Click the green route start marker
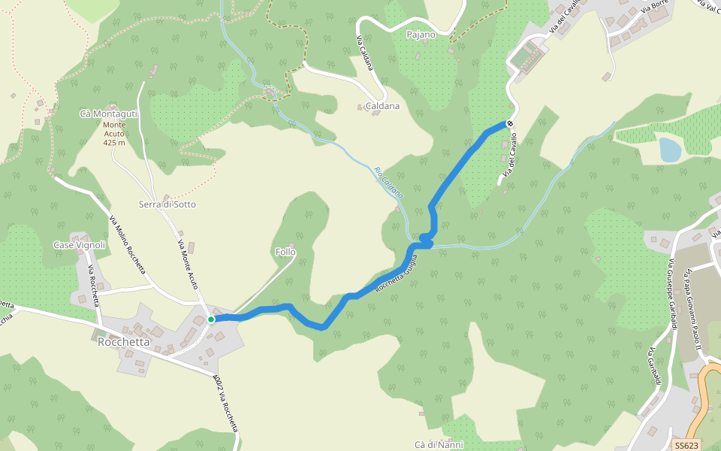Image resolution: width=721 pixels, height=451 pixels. pos(211,319)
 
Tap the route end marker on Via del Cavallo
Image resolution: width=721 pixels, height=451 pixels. pos(510,123)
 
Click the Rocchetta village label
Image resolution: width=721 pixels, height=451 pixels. pos(124,342)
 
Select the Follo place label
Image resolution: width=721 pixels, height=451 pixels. pos(285,252)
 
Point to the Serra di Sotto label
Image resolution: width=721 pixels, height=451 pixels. pos(167,204)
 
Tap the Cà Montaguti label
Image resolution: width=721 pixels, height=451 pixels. pos(108,114)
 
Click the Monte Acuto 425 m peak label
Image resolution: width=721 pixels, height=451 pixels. pos(114,133)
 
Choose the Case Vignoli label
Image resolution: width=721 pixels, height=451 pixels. pos(79,245)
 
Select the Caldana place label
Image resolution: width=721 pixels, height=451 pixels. pos(382,106)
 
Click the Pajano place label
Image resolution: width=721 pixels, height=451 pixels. pos(421,35)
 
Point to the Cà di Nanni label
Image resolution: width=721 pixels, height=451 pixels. pos(439,444)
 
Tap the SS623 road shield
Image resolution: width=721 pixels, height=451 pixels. pos(686,445)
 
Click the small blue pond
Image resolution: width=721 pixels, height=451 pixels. pos(669,149)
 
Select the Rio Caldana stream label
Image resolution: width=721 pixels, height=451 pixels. pos(389,182)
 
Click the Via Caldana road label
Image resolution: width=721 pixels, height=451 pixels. pos(365,53)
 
